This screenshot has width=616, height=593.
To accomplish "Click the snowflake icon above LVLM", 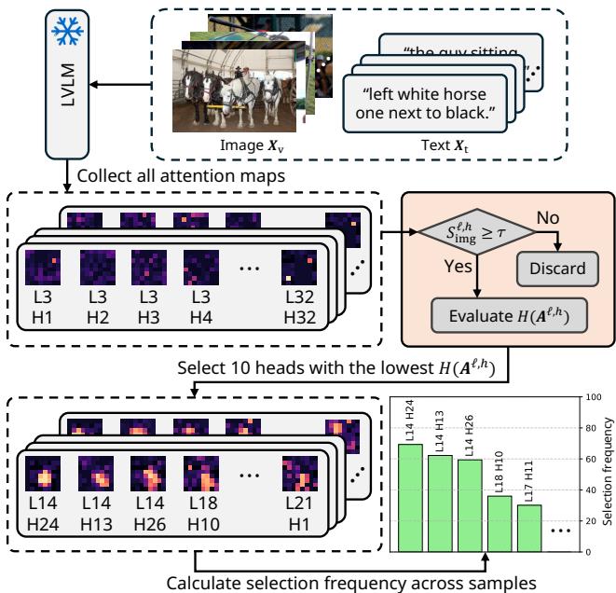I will [66, 32].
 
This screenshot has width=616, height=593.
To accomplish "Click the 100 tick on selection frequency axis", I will [586, 397].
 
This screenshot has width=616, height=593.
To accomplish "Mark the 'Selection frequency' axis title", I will [608, 474].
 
